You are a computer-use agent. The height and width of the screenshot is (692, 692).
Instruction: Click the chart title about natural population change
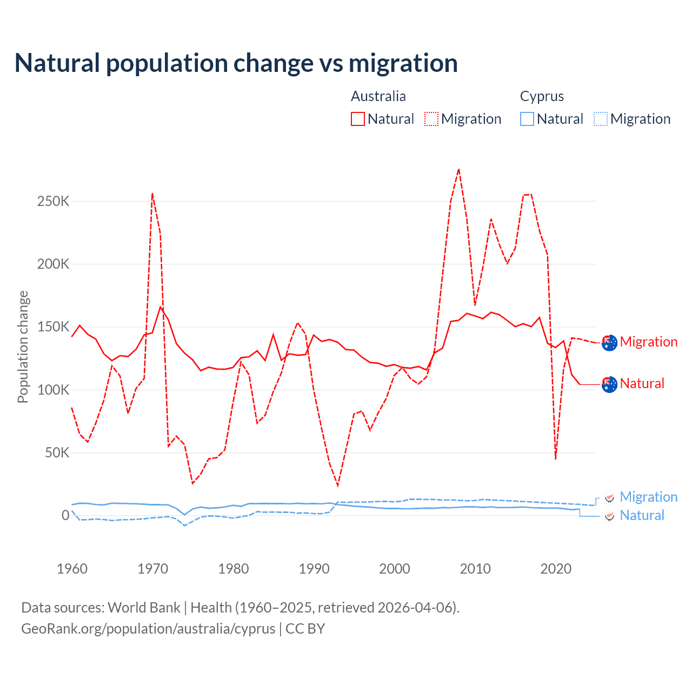[236, 63]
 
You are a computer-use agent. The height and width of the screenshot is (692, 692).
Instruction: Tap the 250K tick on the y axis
[53, 202]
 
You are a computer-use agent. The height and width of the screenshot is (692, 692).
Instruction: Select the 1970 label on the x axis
[153, 569]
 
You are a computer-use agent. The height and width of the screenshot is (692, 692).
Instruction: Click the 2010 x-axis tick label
[475, 569]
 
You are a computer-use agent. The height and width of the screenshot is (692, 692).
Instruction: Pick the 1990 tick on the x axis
[314, 569]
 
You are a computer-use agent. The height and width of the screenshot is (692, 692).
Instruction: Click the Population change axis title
[23, 347]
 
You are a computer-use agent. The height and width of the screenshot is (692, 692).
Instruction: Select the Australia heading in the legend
[378, 96]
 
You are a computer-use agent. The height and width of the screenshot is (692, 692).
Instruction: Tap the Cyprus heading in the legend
[542, 96]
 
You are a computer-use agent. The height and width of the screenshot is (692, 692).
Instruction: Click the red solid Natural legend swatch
[358, 119]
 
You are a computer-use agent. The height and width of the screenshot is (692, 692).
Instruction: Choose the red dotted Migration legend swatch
[431, 119]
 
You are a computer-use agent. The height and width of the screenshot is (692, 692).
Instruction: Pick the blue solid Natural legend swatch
[527, 119]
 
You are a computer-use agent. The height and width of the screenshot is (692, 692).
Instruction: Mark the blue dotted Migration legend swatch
[601, 119]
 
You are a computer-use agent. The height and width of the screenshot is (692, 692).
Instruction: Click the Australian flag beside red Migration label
[609, 343]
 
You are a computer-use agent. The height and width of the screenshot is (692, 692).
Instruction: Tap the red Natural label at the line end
[642, 383]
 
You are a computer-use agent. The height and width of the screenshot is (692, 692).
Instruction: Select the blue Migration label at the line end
[648, 497]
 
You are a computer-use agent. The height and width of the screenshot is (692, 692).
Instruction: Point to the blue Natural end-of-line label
[642, 515]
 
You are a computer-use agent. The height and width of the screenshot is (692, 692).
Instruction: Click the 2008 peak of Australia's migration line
[458, 169]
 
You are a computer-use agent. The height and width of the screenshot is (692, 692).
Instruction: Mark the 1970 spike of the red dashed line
[152, 193]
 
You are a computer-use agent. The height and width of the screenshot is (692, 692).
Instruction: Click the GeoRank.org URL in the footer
[148, 629]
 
